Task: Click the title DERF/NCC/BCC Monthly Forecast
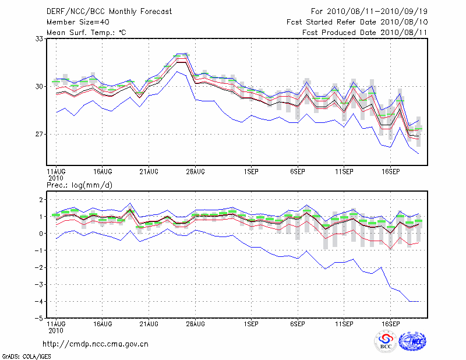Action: click(109, 11)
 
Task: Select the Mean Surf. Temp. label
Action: click(86, 32)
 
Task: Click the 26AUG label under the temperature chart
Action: click(195, 172)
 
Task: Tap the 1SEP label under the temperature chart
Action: click(251, 172)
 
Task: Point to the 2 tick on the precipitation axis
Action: click(41, 200)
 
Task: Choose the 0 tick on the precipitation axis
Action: click(41, 234)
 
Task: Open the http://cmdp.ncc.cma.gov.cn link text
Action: click(96, 344)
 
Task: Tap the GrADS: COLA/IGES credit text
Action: click(26, 355)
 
